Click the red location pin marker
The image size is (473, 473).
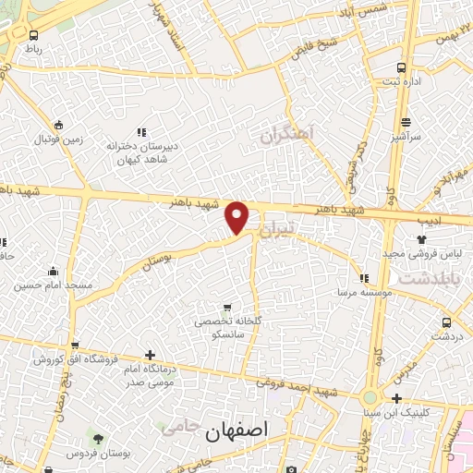(237, 216)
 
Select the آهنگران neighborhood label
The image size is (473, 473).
(287, 138)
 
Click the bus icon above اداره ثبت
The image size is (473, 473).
(401, 67)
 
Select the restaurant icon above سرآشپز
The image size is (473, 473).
(406, 122)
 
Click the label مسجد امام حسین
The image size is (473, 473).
(53, 285)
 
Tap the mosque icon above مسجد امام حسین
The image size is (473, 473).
(53, 272)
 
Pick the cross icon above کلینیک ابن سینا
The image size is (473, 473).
(396, 399)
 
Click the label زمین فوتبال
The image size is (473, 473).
(60, 139)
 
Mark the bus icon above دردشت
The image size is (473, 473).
(447, 322)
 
